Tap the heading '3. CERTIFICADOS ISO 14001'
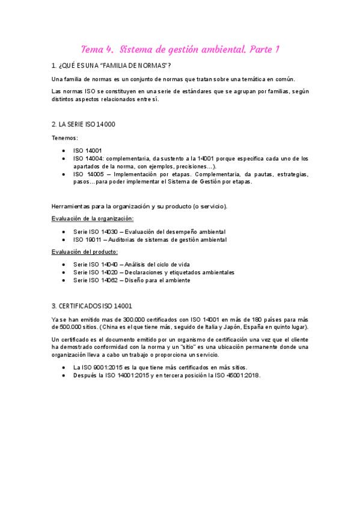[92, 306]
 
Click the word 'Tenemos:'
[65, 138]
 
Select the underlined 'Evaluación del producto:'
[85, 251]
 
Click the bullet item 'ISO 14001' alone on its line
[87, 150]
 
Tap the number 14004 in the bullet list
[94, 159]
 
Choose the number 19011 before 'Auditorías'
[94, 239]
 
